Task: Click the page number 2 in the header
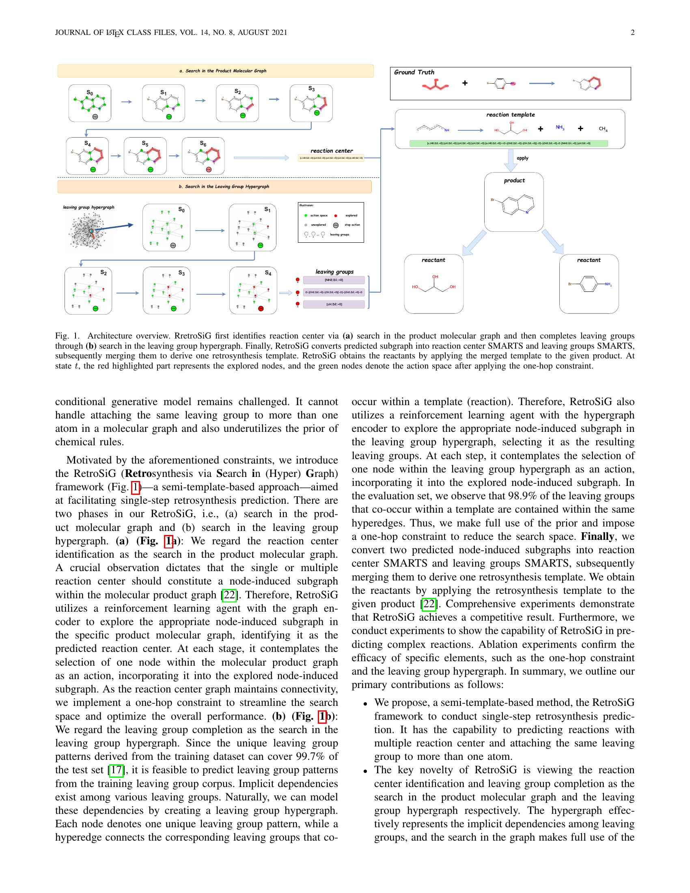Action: click(x=632, y=33)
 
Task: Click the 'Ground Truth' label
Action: click(x=414, y=72)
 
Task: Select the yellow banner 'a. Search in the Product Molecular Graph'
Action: click(x=216, y=71)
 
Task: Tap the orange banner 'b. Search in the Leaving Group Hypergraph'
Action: click(x=215, y=186)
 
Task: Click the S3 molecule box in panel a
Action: click(x=311, y=103)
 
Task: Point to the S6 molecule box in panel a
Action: click(x=203, y=156)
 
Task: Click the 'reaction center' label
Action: click(x=332, y=151)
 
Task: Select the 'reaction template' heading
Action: click(x=510, y=115)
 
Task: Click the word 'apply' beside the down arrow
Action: click(x=522, y=158)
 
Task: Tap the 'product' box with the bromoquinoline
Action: click(x=514, y=202)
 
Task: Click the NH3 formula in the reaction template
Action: click(x=560, y=127)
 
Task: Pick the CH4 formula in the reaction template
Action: click(x=603, y=129)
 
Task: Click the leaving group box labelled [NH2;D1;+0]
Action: click(x=334, y=280)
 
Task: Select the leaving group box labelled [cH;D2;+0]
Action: click(x=334, y=304)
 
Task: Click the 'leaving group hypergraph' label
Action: click(x=89, y=207)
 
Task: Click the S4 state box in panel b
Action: click(x=253, y=290)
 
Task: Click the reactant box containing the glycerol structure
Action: click(x=434, y=284)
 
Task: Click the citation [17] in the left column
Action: click(x=116, y=770)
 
